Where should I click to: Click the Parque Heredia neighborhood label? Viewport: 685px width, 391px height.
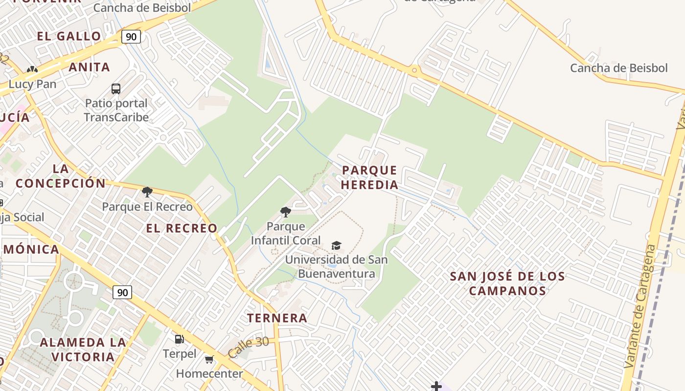[370, 177]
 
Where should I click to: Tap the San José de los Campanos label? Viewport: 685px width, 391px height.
[507, 283]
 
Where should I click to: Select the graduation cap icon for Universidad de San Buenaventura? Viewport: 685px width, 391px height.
[336, 245]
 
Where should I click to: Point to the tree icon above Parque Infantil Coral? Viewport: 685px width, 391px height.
[286, 212]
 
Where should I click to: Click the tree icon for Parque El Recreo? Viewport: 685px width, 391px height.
[147, 192]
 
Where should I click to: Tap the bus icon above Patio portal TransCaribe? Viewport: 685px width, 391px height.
[116, 89]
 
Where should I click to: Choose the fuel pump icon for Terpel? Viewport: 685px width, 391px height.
[180, 339]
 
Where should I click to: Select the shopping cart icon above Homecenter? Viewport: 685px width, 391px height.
[209, 360]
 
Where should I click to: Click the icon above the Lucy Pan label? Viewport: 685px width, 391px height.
[32, 70]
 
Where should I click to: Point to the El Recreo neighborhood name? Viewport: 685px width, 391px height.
[182, 228]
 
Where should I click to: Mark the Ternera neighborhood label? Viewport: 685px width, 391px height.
[277, 318]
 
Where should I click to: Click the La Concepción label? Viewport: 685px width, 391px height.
[61, 176]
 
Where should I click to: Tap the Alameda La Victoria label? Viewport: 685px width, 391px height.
[83, 349]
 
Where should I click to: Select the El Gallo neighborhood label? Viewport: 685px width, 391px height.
[69, 36]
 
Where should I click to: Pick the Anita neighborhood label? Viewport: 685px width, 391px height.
[90, 67]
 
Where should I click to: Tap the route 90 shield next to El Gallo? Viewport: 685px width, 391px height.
[131, 37]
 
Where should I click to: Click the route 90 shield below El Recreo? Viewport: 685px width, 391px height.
[122, 292]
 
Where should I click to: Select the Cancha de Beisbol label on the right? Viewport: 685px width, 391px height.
[618, 68]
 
